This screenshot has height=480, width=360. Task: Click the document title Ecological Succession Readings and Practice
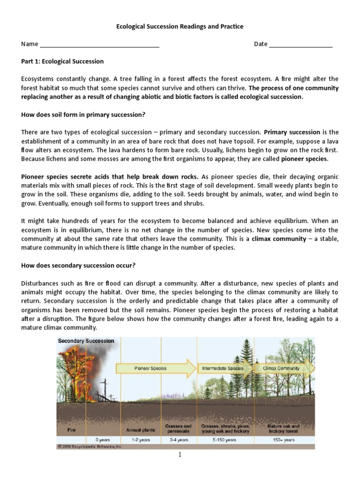[180, 27]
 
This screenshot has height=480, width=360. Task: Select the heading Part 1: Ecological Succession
[62, 61]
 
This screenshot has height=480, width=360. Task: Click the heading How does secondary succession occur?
[78, 265]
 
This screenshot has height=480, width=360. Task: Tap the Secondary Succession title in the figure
[86, 341]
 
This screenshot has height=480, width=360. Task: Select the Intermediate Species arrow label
[223, 368]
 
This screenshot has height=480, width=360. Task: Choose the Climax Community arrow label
[281, 368]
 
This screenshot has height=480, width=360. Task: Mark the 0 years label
[103, 440]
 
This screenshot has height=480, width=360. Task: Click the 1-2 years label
[141, 440]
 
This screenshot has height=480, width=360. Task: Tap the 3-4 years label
[178, 440]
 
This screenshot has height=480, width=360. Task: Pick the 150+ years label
[284, 440]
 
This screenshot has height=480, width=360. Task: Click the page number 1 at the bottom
[180, 455]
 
